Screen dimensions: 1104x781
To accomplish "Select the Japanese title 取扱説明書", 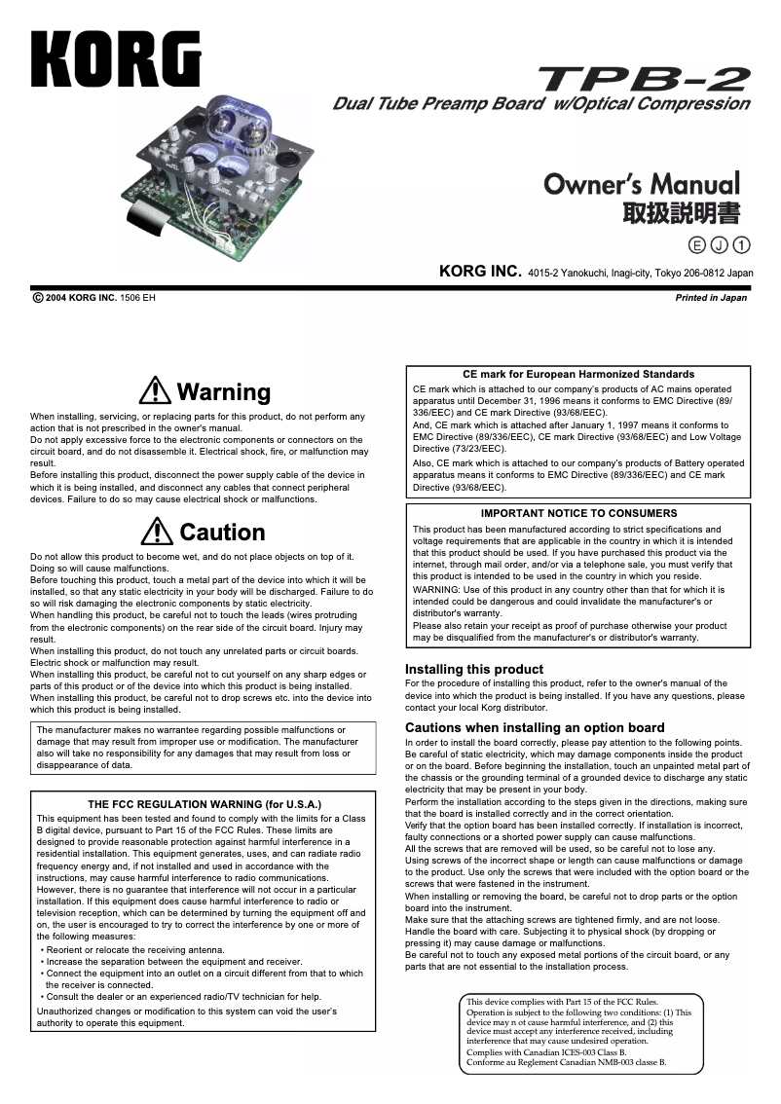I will (x=681, y=212).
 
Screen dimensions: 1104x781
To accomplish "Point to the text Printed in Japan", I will (x=711, y=298).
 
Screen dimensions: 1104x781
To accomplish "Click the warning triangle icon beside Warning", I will (x=155, y=391).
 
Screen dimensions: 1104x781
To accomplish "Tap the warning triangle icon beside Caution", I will (x=157, y=532).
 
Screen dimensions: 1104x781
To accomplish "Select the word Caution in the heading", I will (x=222, y=533).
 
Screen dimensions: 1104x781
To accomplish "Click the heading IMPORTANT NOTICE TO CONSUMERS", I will (x=578, y=513).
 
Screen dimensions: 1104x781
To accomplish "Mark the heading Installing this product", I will (x=473, y=670).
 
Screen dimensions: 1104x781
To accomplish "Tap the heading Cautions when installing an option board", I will (x=535, y=727).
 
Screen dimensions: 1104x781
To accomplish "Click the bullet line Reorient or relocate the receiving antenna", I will (x=136, y=949).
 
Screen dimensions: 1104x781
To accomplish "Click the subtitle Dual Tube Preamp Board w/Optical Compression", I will (x=541, y=104).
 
